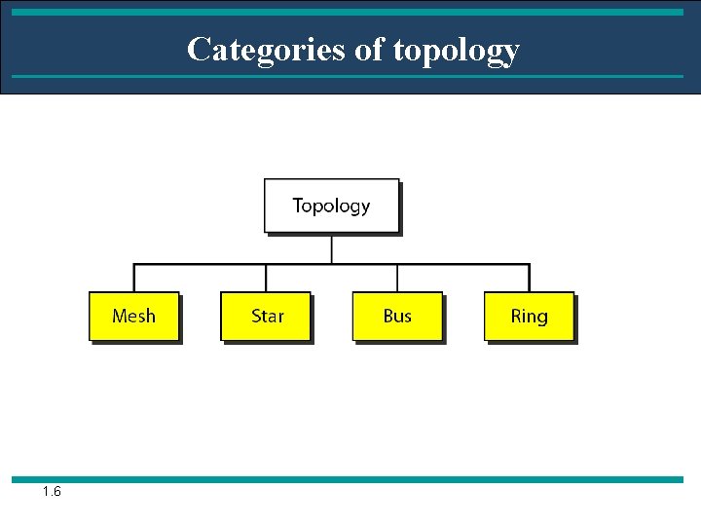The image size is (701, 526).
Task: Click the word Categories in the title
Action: (x=268, y=49)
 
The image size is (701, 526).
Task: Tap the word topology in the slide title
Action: (x=457, y=50)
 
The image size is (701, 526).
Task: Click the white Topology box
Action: (x=331, y=206)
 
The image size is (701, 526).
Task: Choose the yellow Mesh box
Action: (x=133, y=316)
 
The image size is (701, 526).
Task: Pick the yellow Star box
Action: (x=266, y=316)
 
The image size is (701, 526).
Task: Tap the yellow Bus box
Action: (x=397, y=316)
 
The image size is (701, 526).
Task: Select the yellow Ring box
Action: (x=529, y=316)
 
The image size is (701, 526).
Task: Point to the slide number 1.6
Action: (x=52, y=492)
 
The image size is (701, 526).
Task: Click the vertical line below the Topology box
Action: (x=331, y=248)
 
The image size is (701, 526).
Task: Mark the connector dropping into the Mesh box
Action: (x=133, y=278)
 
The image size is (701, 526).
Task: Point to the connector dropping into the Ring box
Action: (x=529, y=278)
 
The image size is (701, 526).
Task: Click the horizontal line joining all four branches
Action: (x=234, y=264)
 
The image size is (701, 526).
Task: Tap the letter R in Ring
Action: (x=516, y=316)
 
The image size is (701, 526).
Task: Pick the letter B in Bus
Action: (x=388, y=316)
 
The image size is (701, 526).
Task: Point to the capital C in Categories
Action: (x=199, y=49)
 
